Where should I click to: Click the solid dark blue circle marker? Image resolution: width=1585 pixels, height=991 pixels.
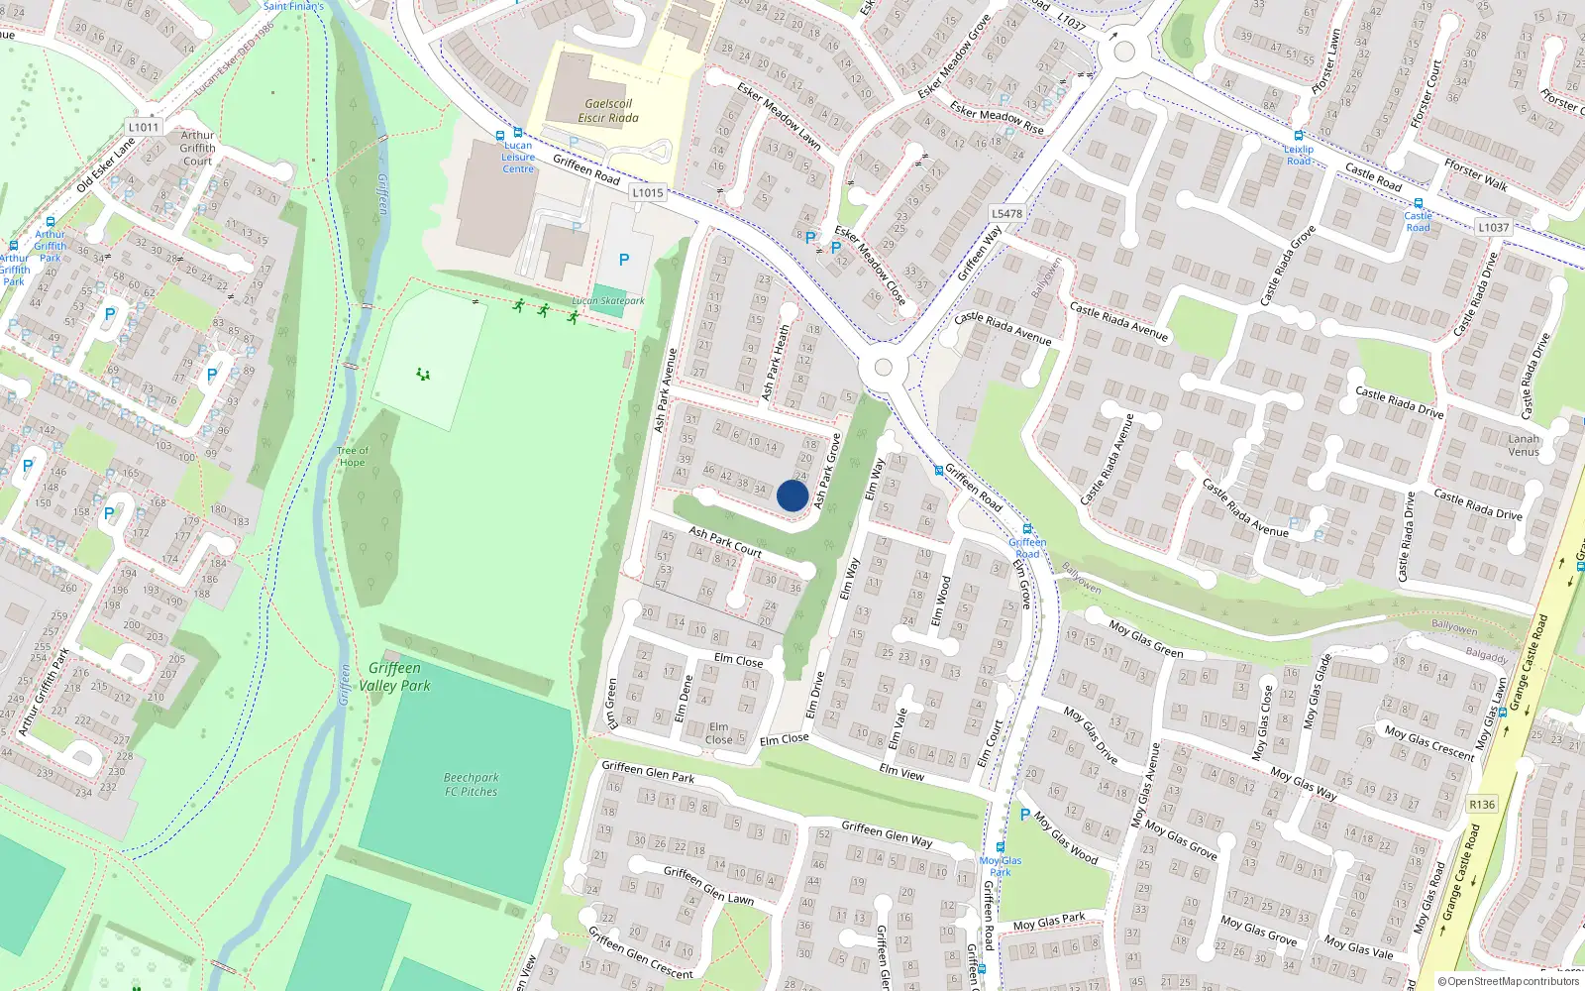click(x=792, y=495)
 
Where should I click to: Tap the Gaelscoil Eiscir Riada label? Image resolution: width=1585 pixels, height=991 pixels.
click(x=608, y=111)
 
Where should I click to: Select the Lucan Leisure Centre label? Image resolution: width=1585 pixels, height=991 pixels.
click(x=518, y=158)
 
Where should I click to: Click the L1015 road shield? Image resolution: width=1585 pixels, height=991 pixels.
click(x=648, y=193)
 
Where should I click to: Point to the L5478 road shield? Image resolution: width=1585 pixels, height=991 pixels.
click(x=1006, y=213)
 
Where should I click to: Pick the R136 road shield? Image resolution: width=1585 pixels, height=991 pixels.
click(x=1482, y=805)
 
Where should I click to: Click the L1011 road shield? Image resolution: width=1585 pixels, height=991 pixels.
click(x=144, y=127)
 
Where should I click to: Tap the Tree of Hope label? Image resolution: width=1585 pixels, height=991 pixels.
click(x=352, y=457)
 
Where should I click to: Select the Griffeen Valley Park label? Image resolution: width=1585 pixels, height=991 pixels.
click(x=394, y=677)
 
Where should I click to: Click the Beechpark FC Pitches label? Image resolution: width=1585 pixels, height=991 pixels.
click(x=472, y=785)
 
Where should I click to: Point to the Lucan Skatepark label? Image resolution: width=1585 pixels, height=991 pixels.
click(x=608, y=301)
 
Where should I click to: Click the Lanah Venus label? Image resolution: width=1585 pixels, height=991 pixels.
click(x=1524, y=445)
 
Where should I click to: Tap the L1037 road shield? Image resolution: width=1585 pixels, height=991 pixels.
click(x=1494, y=227)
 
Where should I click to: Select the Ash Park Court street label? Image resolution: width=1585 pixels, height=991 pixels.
click(x=725, y=541)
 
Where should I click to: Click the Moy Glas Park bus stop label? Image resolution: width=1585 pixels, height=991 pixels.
click(x=1001, y=866)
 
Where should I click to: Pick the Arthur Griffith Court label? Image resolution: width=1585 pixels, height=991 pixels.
click(x=197, y=148)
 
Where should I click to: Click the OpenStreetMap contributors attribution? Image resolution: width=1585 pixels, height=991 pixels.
click(x=1509, y=982)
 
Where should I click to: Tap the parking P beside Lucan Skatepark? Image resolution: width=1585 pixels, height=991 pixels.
click(x=624, y=260)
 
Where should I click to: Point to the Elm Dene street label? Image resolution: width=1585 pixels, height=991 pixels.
click(x=683, y=700)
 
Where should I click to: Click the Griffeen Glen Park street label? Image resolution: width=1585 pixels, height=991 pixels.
click(x=648, y=772)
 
